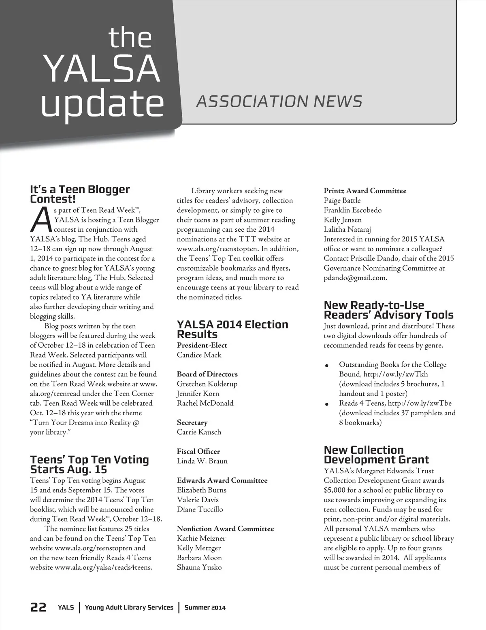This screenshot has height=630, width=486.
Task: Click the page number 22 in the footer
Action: click(x=38, y=607)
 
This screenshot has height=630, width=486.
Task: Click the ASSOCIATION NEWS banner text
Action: click(x=279, y=101)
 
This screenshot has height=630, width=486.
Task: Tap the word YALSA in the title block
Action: click(x=101, y=68)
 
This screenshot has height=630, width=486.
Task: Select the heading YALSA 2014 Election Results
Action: click(x=232, y=330)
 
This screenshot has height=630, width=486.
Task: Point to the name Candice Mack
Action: click(x=199, y=355)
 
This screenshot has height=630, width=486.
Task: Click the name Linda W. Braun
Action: click(x=202, y=461)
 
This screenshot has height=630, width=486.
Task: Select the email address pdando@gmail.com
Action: click(x=355, y=278)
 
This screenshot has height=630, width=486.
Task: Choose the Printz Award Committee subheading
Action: click(x=365, y=191)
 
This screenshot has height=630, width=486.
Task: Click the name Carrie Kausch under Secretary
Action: click(x=199, y=432)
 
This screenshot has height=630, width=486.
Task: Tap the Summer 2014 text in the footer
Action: click(x=205, y=607)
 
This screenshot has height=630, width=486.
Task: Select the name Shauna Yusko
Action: click(x=199, y=567)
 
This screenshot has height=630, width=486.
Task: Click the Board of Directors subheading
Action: click(x=207, y=374)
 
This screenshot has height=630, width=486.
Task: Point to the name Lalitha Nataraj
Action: click(x=347, y=230)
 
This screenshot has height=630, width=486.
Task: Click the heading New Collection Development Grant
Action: click(x=376, y=455)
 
